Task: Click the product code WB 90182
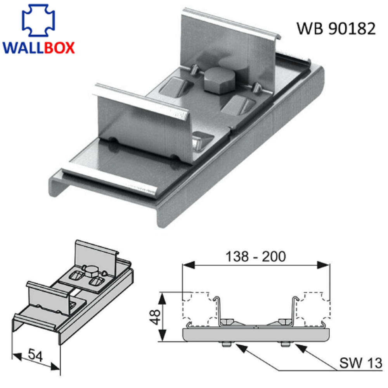pos(336,29)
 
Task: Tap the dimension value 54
pos(36,355)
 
